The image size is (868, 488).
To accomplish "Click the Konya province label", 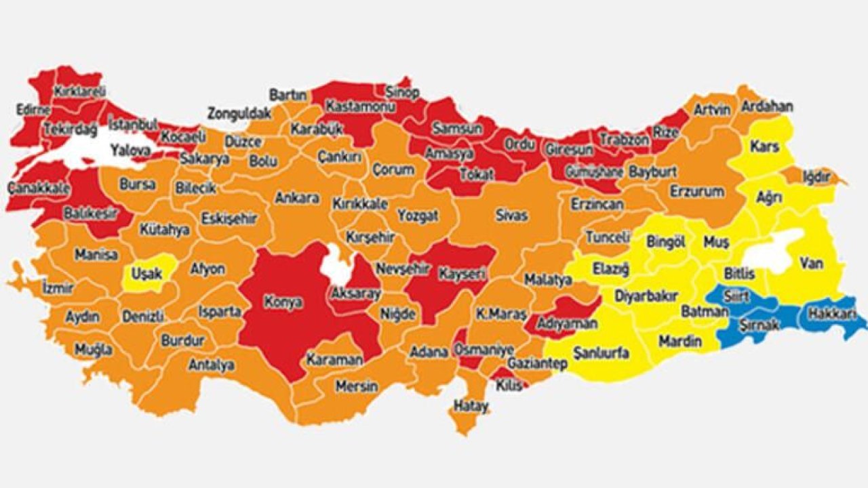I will coord(283,302).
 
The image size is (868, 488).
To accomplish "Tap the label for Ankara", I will coord(296,198).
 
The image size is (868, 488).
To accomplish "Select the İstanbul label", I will coord(133,124).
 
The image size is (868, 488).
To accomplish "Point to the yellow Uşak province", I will coord(146,273).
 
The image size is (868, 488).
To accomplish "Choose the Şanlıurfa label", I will coord(601,353).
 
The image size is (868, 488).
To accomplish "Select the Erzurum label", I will coord(696,192).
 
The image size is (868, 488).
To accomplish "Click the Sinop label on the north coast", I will coord(402,92).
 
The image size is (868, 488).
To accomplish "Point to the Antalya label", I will coord(211,365).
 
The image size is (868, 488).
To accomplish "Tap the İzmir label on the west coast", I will coord(57,287).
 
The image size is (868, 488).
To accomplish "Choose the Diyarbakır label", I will coord(646,296).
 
